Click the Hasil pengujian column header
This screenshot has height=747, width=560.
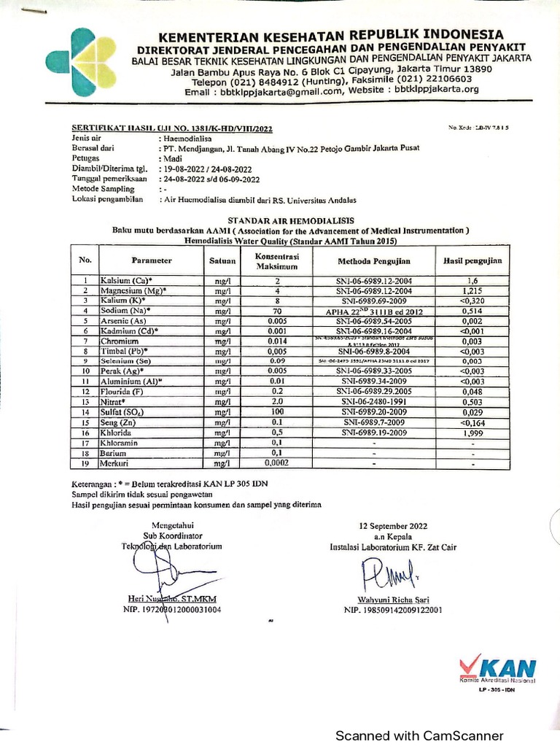(x=472, y=260)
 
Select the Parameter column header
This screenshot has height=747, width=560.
(x=152, y=260)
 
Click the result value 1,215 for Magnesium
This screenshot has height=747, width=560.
(x=472, y=290)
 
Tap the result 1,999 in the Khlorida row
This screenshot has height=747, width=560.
(x=472, y=432)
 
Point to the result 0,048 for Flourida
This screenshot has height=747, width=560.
(x=472, y=391)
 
